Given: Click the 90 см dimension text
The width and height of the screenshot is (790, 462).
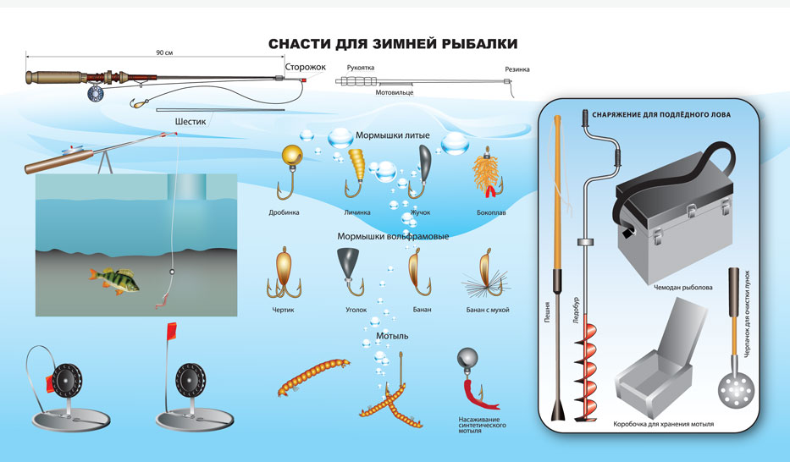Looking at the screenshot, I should [x=164, y=52].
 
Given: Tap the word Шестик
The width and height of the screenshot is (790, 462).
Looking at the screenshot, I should [x=191, y=121].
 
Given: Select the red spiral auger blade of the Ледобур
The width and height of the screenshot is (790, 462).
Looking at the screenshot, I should [x=583, y=372].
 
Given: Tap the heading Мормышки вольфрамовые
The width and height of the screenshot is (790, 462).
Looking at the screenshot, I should [x=392, y=237].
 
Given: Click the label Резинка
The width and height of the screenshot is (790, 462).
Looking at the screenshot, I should [x=517, y=69].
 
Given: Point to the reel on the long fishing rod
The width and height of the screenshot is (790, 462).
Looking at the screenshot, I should [x=95, y=91].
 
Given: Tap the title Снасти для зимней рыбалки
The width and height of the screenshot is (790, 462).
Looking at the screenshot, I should [x=392, y=43].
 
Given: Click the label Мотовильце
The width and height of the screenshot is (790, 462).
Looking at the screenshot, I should [x=395, y=93].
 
